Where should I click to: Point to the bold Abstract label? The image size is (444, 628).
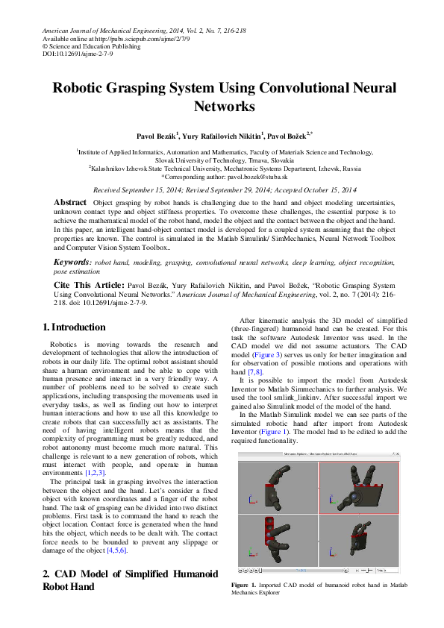click(70, 203)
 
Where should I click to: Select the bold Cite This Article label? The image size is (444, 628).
click(88, 286)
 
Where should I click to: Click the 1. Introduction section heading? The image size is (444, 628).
click(74, 327)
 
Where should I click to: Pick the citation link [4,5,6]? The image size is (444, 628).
click(117, 550)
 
